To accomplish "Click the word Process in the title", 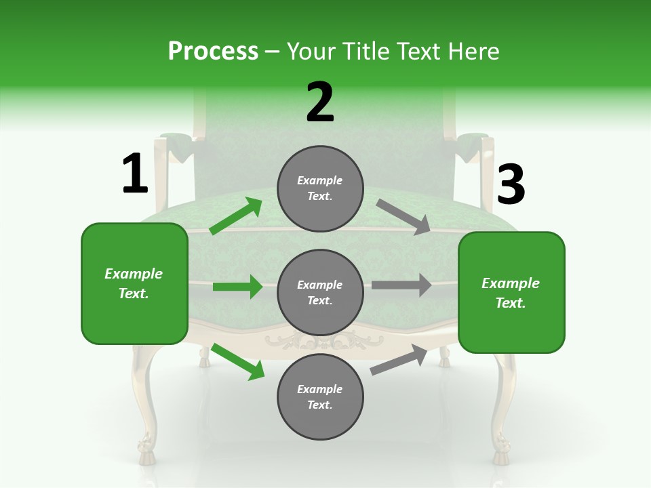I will click(x=213, y=52).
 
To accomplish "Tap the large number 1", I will click(x=134, y=174).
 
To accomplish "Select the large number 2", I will click(x=320, y=103).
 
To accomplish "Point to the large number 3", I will click(x=511, y=185).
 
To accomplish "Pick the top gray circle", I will click(x=320, y=188).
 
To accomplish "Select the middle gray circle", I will click(x=320, y=293).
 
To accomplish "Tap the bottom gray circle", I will click(x=320, y=396).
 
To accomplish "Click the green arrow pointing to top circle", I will click(x=236, y=216).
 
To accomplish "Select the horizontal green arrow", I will click(x=237, y=287).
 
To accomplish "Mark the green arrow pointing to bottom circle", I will click(x=238, y=361).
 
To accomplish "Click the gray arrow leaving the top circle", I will click(x=403, y=217).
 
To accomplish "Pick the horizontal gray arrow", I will click(x=401, y=285).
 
